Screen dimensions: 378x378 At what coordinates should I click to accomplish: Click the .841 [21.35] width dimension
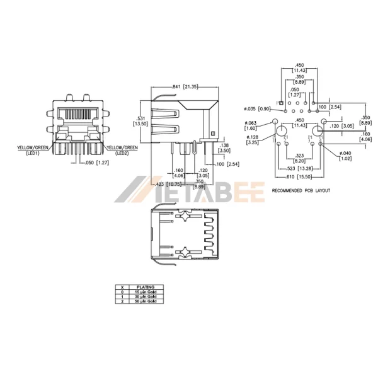click(183, 86)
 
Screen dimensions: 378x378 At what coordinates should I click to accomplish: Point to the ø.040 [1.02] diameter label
click(346, 156)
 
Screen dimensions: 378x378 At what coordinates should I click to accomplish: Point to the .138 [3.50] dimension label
click(224, 147)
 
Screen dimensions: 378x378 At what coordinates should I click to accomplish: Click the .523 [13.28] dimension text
click(299, 168)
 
